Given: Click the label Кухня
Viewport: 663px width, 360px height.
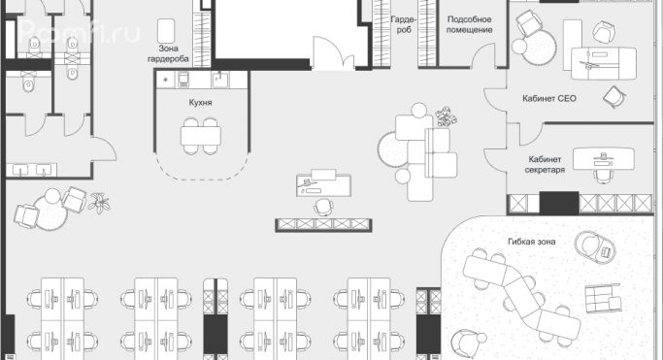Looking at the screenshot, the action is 201,101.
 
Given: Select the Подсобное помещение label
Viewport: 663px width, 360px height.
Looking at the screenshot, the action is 470,24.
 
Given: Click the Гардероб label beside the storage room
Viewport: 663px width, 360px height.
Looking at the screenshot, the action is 402,24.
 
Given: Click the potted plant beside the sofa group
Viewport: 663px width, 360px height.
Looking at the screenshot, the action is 446,117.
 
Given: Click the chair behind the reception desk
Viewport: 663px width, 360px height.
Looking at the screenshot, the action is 324,206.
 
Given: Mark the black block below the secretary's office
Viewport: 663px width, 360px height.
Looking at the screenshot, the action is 558,204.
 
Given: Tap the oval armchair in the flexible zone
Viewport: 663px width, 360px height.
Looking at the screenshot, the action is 593,245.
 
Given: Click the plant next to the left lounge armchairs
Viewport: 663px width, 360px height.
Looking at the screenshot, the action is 100,203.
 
